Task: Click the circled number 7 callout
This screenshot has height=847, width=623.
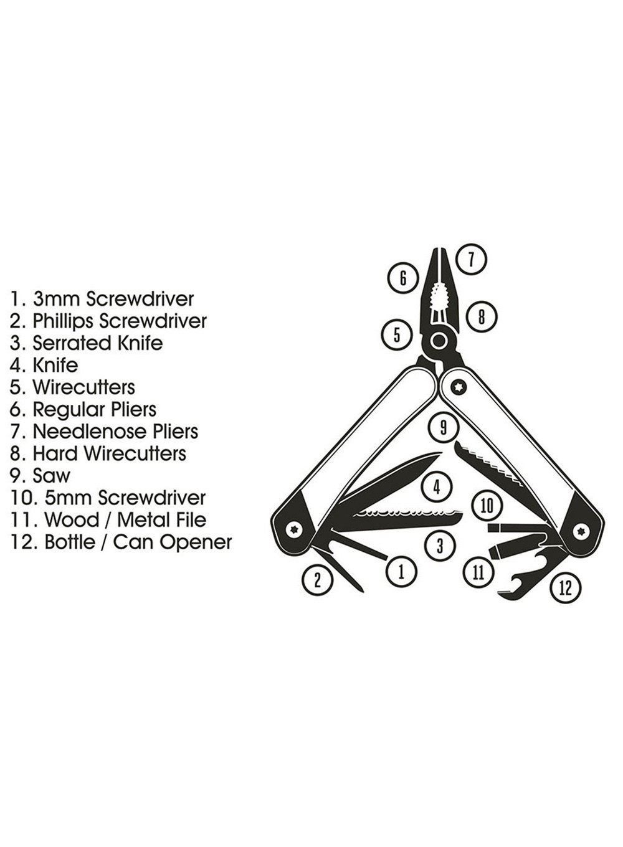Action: (472, 259)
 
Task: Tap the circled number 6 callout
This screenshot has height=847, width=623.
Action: (403, 278)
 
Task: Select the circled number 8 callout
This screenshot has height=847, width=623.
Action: (481, 317)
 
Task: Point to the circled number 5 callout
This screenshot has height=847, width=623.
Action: (397, 335)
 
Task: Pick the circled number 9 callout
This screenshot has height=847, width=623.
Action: (444, 427)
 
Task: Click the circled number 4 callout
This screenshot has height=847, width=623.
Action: (437, 487)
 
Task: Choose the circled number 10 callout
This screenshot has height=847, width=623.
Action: (487, 506)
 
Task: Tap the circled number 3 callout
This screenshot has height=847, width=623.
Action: (440, 546)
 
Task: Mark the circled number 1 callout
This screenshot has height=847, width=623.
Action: (401, 571)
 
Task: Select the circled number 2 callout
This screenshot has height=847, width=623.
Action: (317, 580)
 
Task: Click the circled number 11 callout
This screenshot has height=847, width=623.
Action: (478, 572)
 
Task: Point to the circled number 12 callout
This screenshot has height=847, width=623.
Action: (565, 587)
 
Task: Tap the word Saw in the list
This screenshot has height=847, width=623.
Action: (51, 476)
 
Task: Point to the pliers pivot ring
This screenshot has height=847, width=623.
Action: (439, 341)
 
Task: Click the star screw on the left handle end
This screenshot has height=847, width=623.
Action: (293, 529)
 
